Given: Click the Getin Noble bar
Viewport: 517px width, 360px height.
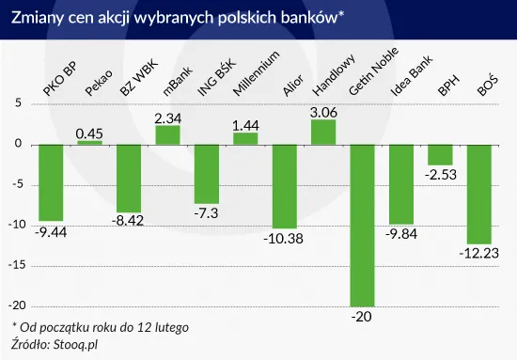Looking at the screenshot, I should pyautogui.click(x=363, y=225).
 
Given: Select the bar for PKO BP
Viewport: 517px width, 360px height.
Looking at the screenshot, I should pyautogui.click(x=52, y=181).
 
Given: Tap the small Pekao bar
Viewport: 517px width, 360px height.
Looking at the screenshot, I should pyautogui.click(x=89, y=142).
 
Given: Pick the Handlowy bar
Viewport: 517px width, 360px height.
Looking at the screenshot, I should pyautogui.click(x=323, y=132).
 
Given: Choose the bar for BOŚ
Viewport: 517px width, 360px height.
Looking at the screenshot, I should pyautogui.click(x=479, y=193).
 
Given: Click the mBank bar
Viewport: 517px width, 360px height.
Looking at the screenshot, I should pyautogui.click(x=167, y=134).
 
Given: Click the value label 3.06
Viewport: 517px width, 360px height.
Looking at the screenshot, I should pyautogui.click(x=323, y=111).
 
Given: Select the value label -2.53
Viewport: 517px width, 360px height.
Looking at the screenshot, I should pyautogui.click(x=441, y=174).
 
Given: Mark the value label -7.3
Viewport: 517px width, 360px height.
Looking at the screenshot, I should pyautogui.click(x=207, y=213).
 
